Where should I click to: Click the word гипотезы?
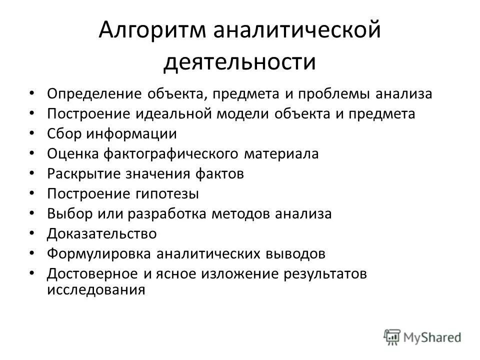pyautogui.click(x=164, y=193)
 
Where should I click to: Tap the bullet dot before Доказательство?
pyautogui.click(x=32, y=233)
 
